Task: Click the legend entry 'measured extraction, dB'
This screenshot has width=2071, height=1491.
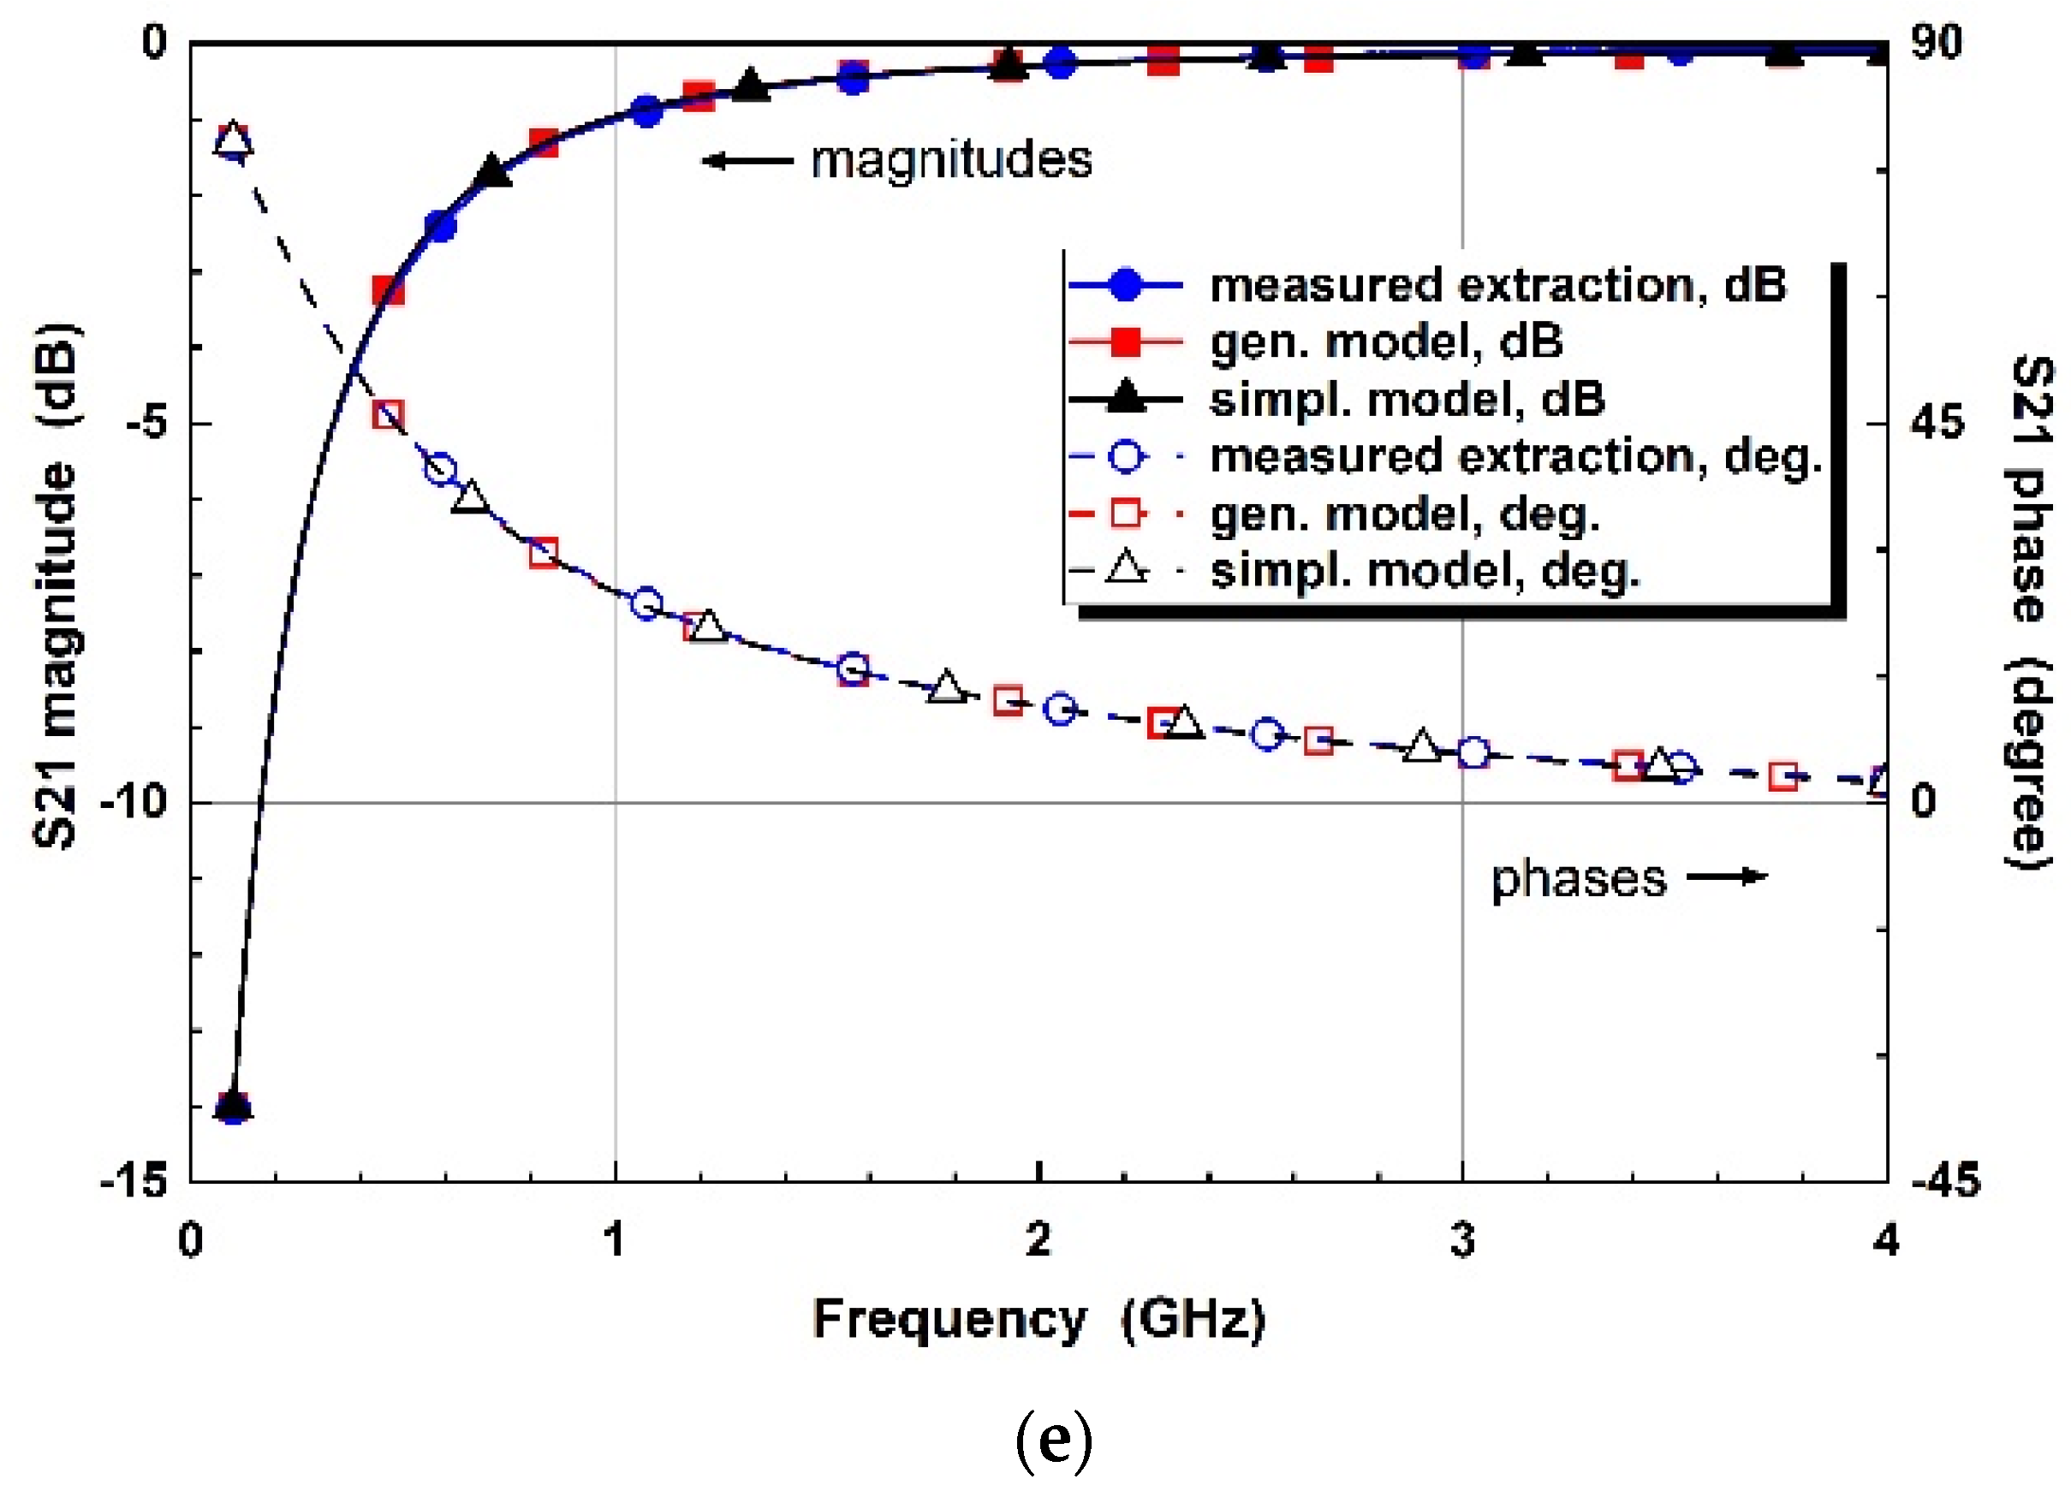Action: point(1497,285)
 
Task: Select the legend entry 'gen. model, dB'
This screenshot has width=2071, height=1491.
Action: point(1386,342)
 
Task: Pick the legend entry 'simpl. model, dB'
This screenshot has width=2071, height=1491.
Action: point(1407,400)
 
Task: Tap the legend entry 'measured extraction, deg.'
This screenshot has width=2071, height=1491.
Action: point(1516,455)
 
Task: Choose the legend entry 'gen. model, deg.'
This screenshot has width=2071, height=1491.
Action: point(1405,514)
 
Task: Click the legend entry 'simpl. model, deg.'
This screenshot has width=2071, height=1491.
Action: point(1425,572)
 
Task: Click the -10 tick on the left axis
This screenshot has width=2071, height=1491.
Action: point(134,803)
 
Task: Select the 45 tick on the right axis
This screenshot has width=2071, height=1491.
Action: point(1937,422)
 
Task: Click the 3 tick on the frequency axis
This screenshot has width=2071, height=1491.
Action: point(1463,1242)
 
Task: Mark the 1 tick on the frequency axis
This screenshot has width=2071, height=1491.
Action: point(615,1242)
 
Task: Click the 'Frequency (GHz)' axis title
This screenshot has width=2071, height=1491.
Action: point(1039,1319)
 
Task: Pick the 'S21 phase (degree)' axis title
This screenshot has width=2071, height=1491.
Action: point(2032,612)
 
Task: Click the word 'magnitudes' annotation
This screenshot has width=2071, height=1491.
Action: point(950,161)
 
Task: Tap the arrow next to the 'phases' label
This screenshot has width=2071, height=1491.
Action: point(1727,877)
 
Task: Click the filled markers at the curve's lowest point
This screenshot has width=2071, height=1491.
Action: point(233,1108)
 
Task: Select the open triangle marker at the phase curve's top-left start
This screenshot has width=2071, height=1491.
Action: point(233,140)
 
